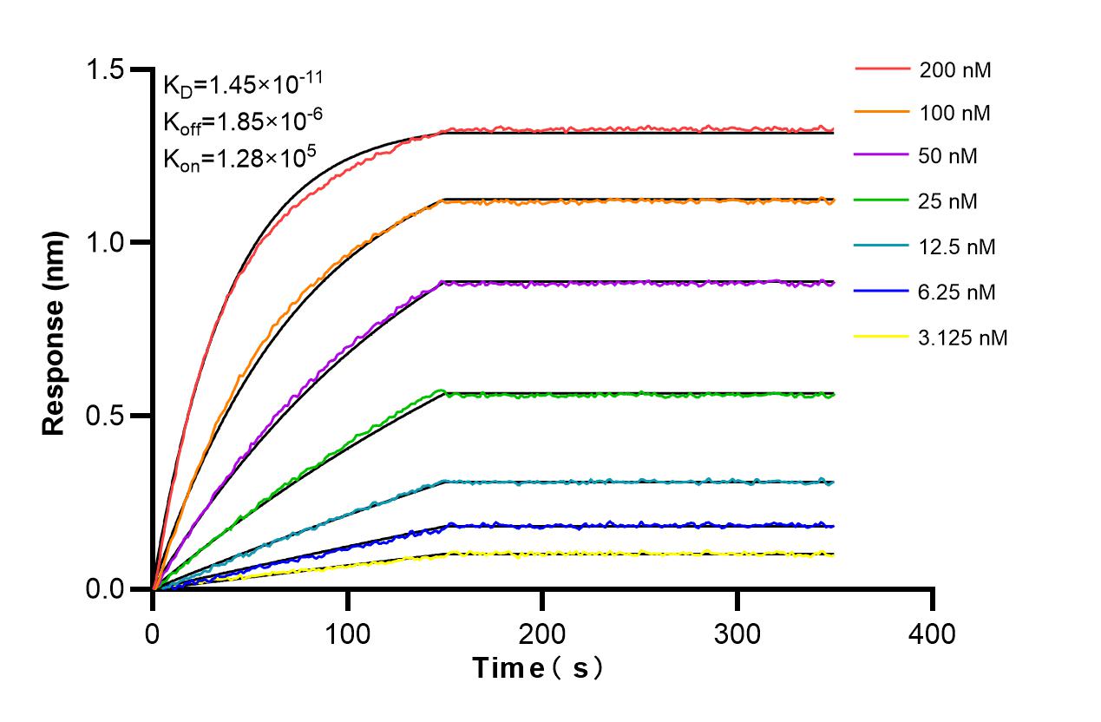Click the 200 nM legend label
tap(955, 70)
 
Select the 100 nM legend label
tap(955, 113)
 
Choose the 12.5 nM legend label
tap(958, 247)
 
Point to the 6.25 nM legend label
tap(958, 292)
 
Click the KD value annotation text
tap(243, 84)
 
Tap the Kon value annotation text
tap(239, 158)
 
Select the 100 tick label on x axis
tap(347, 634)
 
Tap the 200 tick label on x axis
tap(542, 634)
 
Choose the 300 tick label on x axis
tap(737, 634)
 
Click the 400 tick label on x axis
tap(932, 634)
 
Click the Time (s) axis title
tap(538, 668)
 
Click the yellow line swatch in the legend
tap(883, 338)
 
